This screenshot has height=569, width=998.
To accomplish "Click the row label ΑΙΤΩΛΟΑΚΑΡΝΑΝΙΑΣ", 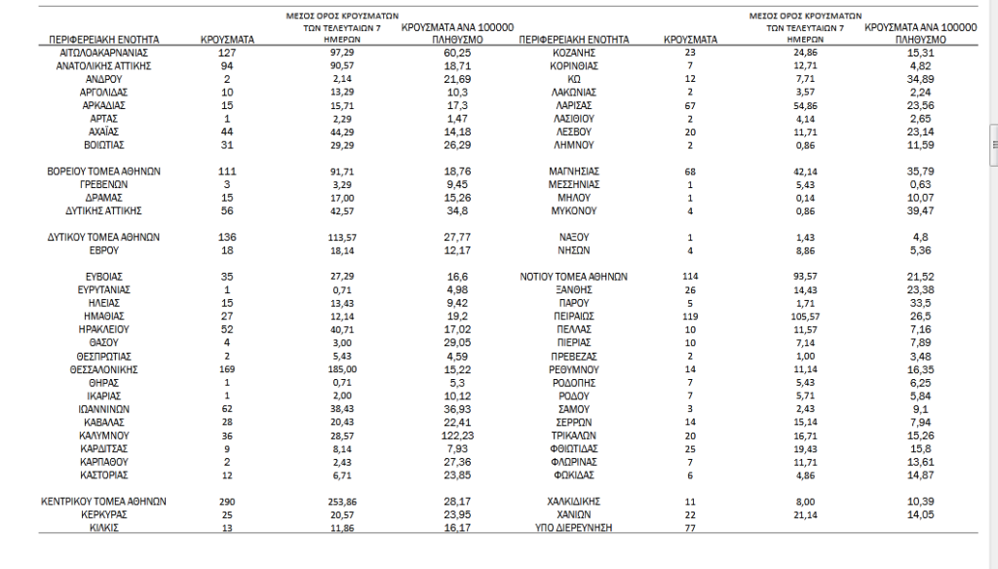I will click(103, 52).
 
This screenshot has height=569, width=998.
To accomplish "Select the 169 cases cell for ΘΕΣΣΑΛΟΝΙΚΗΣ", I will click(227, 370).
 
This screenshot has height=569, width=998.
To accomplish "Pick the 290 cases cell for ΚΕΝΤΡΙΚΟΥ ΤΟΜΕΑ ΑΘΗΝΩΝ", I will click(227, 502).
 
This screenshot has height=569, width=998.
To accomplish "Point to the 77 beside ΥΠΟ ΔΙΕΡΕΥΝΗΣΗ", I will click(690, 528).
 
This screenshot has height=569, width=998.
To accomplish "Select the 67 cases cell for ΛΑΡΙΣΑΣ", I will click(690, 104).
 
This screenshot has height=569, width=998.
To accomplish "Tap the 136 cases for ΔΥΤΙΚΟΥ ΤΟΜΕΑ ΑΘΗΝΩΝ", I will click(227, 237).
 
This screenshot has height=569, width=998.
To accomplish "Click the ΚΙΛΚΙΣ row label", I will click(103, 528).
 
